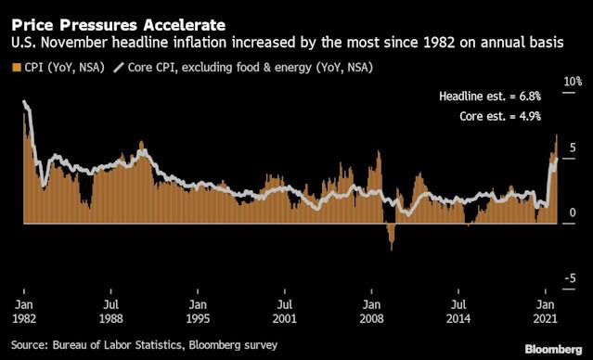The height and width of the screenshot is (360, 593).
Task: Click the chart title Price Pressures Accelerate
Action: (x=119, y=25)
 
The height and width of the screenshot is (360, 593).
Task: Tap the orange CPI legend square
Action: (x=17, y=68)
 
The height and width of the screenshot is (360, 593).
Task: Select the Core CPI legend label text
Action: (x=251, y=68)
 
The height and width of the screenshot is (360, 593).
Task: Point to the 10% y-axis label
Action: (x=573, y=82)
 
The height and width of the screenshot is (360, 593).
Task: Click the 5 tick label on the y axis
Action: (x=573, y=148)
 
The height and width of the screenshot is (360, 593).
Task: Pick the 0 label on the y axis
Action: (x=573, y=212)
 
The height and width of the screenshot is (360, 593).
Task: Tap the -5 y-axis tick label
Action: (x=571, y=278)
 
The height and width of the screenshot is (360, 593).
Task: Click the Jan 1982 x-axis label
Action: (x=24, y=311)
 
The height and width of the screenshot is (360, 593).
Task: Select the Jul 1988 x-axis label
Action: (x=110, y=311)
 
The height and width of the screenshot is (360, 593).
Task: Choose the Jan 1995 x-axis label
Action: (x=198, y=311)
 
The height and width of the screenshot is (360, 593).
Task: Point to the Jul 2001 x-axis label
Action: (x=284, y=311)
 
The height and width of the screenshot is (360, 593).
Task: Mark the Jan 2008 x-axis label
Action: (x=371, y=311)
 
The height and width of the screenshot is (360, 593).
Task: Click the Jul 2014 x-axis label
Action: (x=458, y=311)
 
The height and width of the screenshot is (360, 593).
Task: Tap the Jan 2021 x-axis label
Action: (x=546, y=311)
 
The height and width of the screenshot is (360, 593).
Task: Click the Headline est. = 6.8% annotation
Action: (x=490, y=96)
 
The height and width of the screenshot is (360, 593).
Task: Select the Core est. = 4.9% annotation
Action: (x=500, y=116)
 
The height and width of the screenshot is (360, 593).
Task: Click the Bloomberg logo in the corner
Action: (x=554, y=349)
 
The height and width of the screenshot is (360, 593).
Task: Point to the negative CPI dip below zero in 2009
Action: (x=391, y=236)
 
